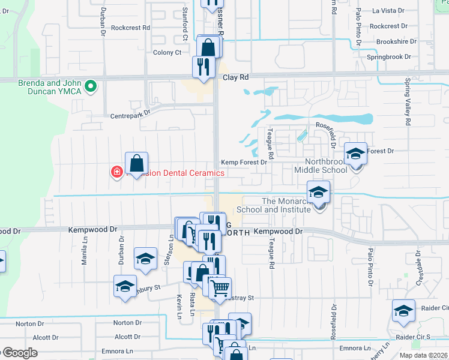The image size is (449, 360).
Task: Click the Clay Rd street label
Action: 235,77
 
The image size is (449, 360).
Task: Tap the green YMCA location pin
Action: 91,87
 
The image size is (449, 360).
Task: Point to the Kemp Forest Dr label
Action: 243,162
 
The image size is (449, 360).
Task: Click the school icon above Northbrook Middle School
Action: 355,154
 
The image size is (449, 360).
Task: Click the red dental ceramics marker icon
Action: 116,173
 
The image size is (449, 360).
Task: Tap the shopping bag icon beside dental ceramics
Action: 137,164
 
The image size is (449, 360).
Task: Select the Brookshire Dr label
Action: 396,42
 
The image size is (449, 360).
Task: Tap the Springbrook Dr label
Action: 388,57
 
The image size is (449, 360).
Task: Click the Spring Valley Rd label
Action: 408,101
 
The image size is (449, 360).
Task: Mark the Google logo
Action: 20,353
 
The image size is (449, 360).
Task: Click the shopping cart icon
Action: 220,289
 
